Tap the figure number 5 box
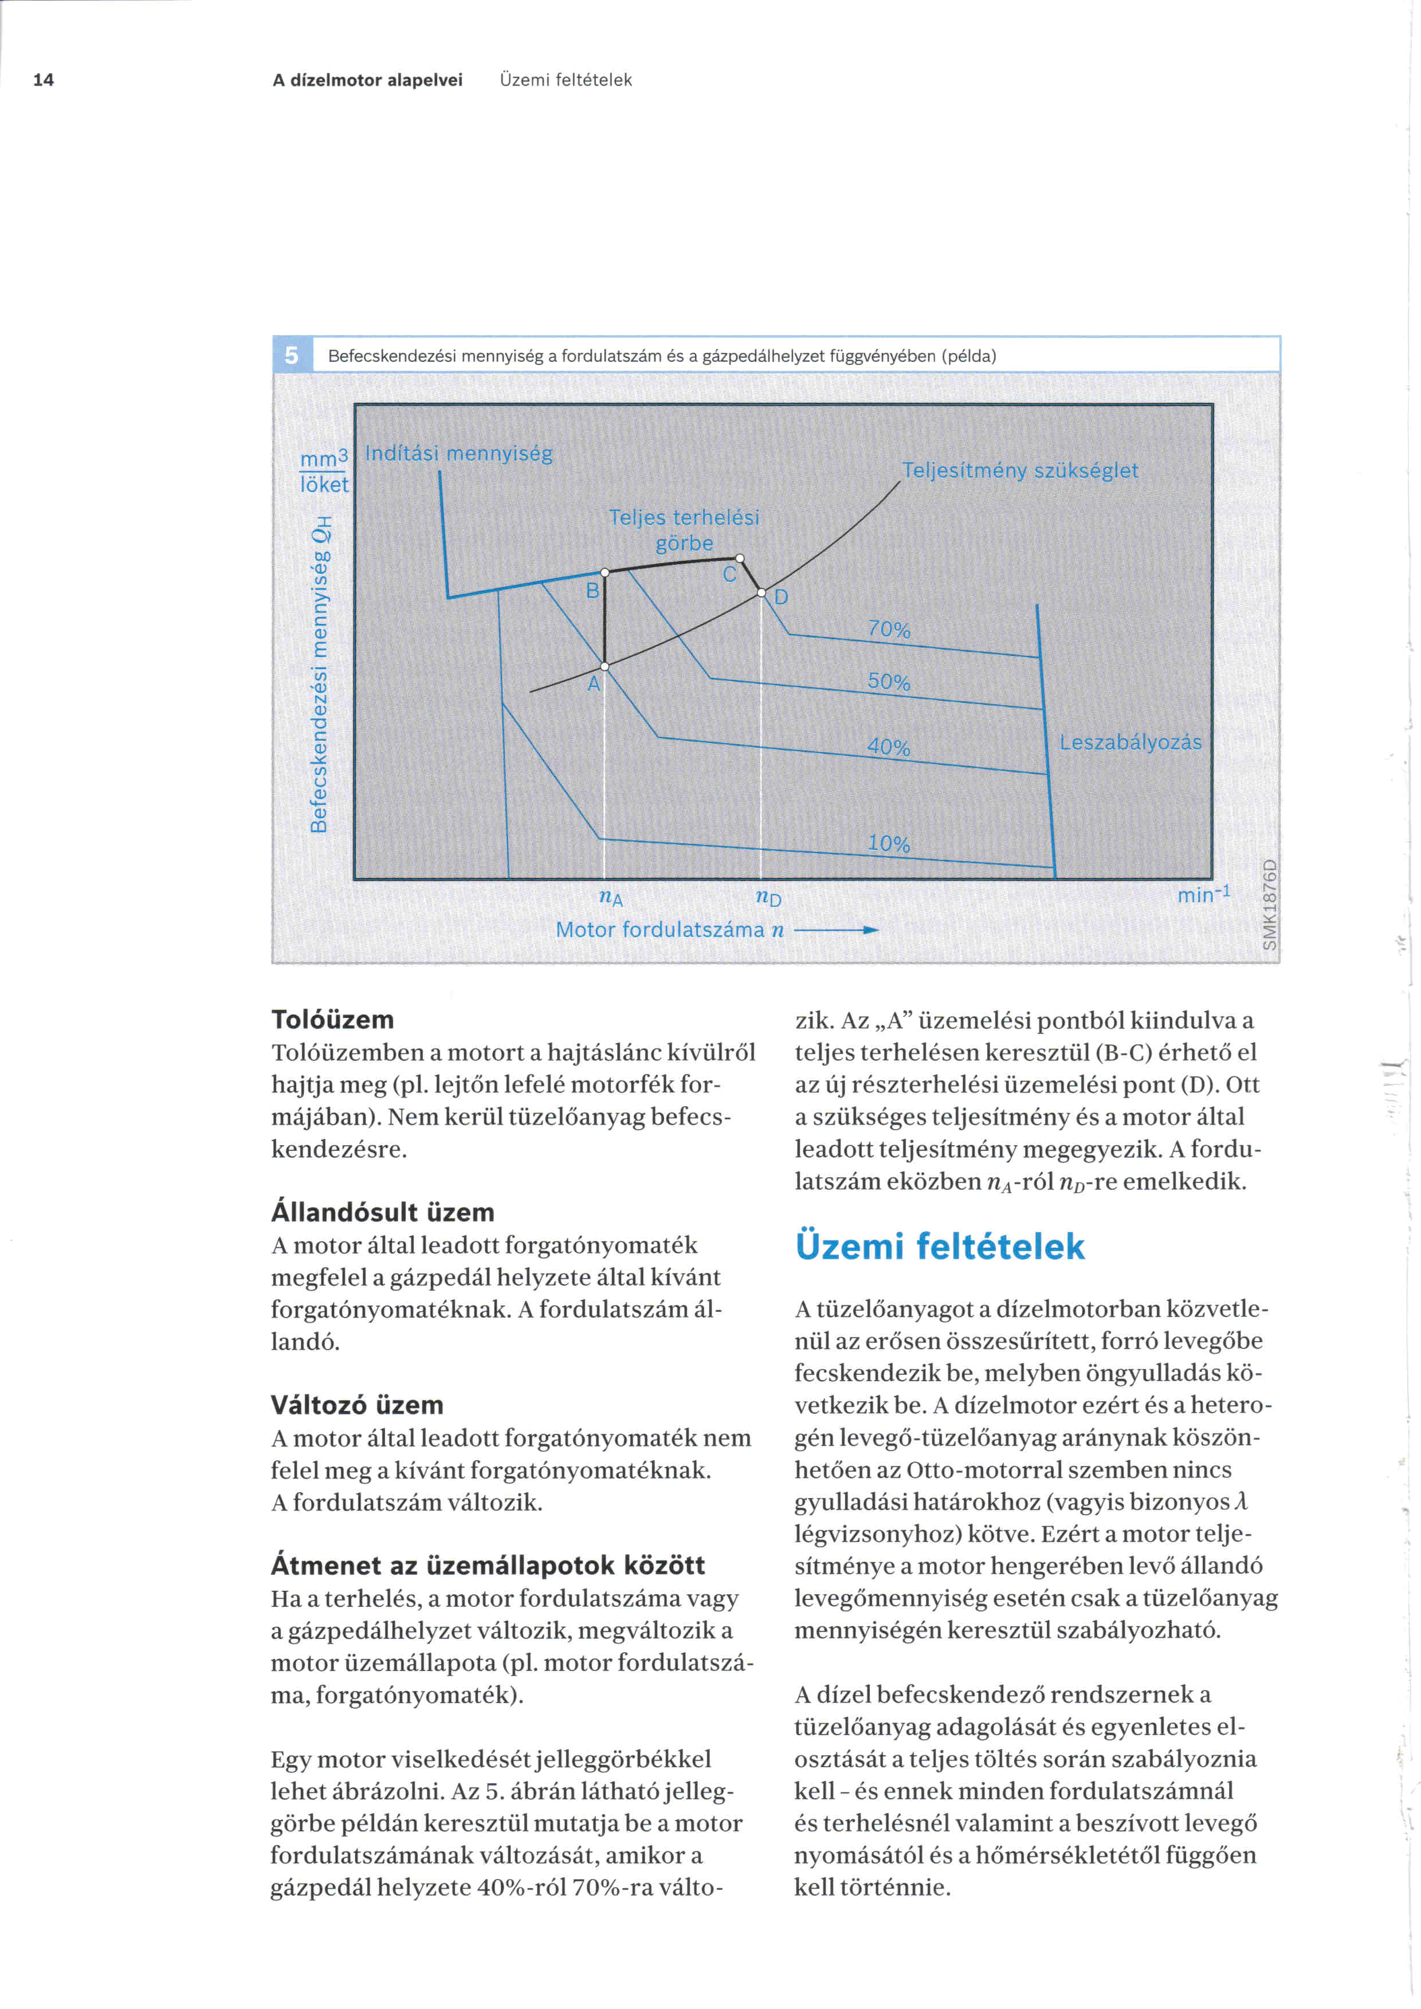(292, 355)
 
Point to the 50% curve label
(889, 682)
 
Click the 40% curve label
(889, 747)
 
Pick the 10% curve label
(889, 843)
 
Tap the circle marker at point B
(604, 572)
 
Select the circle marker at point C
(739, 559)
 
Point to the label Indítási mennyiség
(458, 453)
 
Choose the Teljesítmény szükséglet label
(1020, 471)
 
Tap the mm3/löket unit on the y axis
(324, 471)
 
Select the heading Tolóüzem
(332, 1019)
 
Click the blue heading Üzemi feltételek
(940, 1246)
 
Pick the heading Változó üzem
(357, 1405)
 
